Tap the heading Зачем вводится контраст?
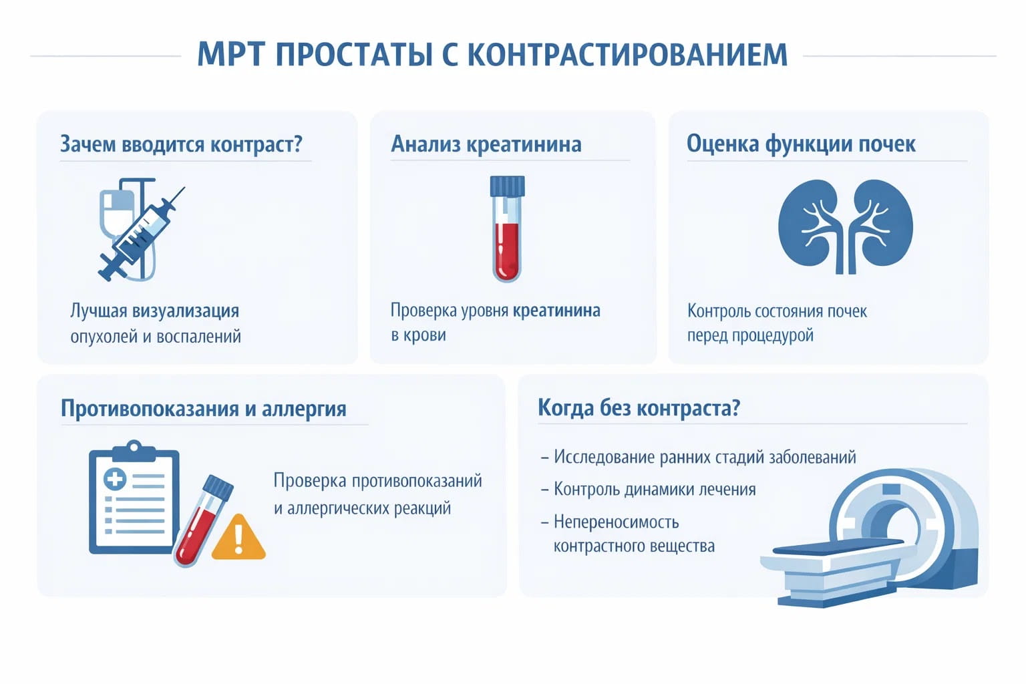(x=181, y=144)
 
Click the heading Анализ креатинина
(x=486, y=144)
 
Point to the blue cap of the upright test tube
(x=507, y=186)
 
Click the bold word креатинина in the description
(x=556, y=311)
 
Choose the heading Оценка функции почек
(x=801, y=144)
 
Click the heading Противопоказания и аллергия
(x=204, y=409)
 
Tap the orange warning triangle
(x=238, y=538)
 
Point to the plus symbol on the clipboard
(x=115, y=478)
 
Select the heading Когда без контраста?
(x=639, y=408)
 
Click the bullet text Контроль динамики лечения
(x=655, y=490)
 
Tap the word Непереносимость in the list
(x=616, y=522)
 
